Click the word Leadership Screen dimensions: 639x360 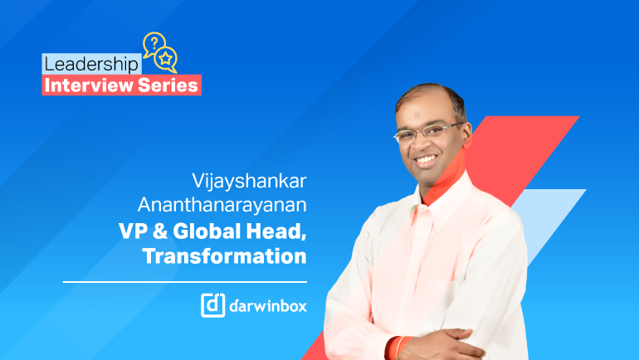pyautogui.click(x=91, y=65)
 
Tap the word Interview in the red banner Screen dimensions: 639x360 pyautogui.click(x=89, y=85)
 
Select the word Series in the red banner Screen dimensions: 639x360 pyautogui.click(x=168, y=85)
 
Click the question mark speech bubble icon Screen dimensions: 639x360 pyautogui.click(x=154, y=44)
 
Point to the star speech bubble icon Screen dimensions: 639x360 pyautogui.click(x=166, y=60)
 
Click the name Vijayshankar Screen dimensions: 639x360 pyautogui.click(x=249, y=182)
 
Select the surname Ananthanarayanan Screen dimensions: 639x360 pyautogui.click(x=222, y=204)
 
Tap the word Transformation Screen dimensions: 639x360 pyautogui.click(x=225, y=256)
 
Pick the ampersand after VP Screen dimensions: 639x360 pyautogui.click(x=160, y=231)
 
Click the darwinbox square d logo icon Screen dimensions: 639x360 pyautogui.click(x=212, y=305)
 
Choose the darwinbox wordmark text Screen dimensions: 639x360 pyautogui.click(x=268, y=305)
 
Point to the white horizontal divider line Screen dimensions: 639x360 pyautogui.click(x=184, y=282)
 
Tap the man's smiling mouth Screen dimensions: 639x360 pyautogui.click(x=426, y=159)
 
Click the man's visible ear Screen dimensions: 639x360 pyautogui.click(x=466, y=136)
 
